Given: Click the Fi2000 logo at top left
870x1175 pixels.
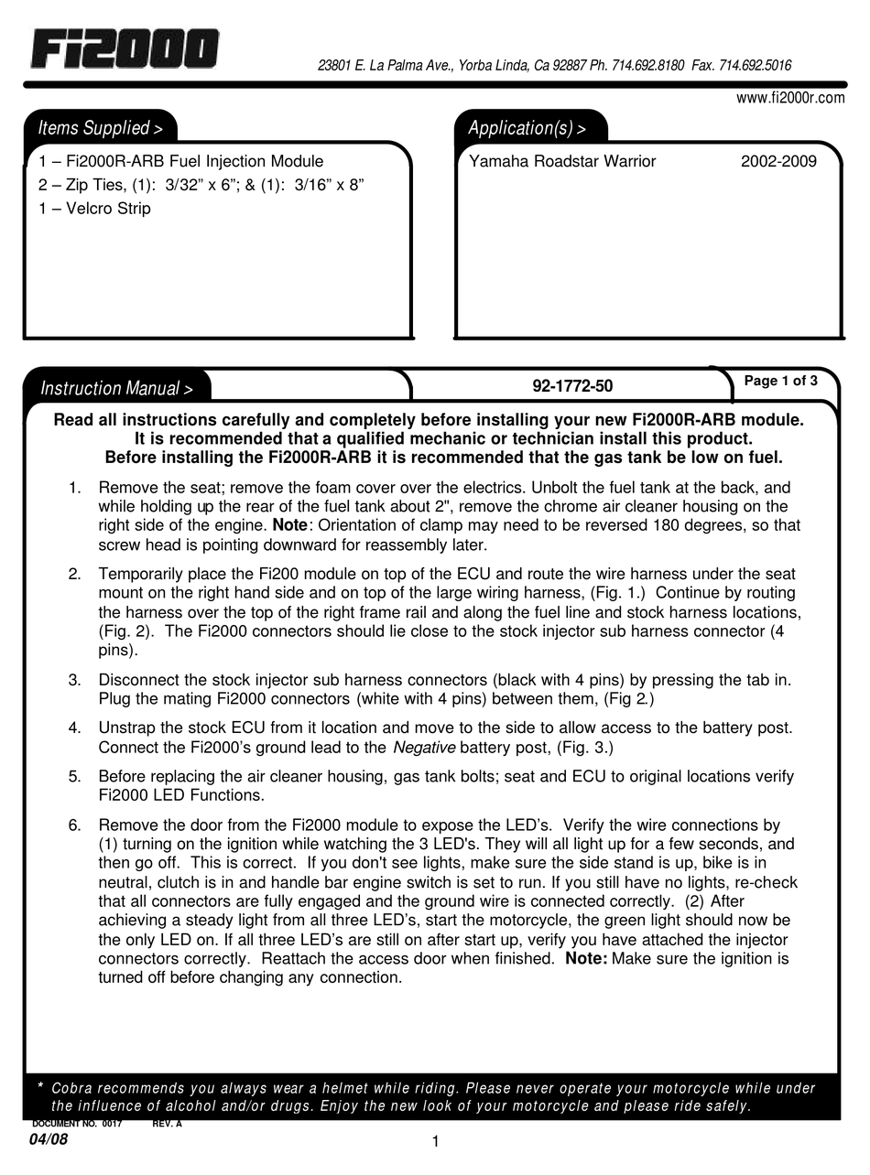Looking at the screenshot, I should pos(125,49).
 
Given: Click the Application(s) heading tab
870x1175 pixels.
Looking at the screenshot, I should pos(527,128).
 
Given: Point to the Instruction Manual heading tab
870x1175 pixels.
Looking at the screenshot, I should pos(116,389).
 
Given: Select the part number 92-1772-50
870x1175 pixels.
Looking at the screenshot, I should pos(572,386).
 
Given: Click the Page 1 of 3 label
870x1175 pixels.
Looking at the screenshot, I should pos(780,382).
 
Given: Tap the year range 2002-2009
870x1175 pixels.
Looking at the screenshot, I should pos(778,162).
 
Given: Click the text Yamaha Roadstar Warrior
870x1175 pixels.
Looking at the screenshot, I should pos(562,162).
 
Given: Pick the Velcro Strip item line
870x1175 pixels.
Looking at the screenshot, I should pos(95,209).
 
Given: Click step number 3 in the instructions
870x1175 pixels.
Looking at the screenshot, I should pos(75,679).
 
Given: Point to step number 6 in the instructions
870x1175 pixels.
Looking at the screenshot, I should pos(75,825).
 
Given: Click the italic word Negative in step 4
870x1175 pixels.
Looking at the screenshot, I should pos(424,748).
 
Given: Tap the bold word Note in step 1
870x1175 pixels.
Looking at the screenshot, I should pos(290,526).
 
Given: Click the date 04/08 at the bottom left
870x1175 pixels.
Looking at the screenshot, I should pos(48,1140).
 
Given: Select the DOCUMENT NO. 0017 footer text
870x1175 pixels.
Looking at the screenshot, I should pos(77,1125).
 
